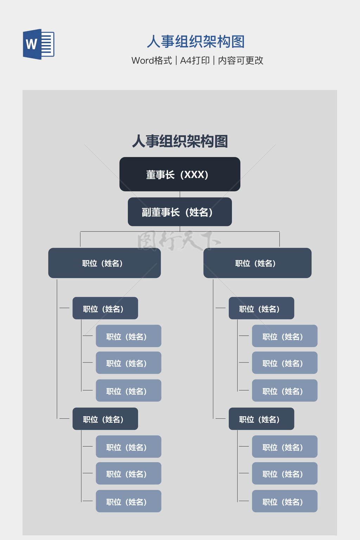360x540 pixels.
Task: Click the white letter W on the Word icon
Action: [x=31, y=44]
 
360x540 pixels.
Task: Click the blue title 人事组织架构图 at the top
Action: [x=195, y=41]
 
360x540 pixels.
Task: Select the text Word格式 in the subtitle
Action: [x=152, y=60]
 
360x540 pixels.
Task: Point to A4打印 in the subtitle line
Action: [x=195, y=60]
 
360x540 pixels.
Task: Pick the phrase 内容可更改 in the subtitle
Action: [x=240, y=60]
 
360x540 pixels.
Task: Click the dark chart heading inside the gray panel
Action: [x=180, y=141]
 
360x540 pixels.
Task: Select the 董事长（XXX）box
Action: [x=180, y=174]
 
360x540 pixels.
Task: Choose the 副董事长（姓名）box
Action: [x=180, y=212]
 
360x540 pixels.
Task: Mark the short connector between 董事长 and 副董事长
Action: [x=180, y=194]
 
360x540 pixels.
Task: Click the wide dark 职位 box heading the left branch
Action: [x=104, y=263]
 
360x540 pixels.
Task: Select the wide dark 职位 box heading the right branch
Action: [x=257, y=263]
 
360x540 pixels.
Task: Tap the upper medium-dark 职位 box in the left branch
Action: [x=105, y=308]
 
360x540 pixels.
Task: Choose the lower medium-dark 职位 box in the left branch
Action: [x=105, y=419]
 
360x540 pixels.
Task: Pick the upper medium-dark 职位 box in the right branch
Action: [x=261, y=308]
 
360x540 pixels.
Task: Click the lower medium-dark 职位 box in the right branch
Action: [x=261, y=419]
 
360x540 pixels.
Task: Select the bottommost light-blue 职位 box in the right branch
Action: [x=284, y=501]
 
